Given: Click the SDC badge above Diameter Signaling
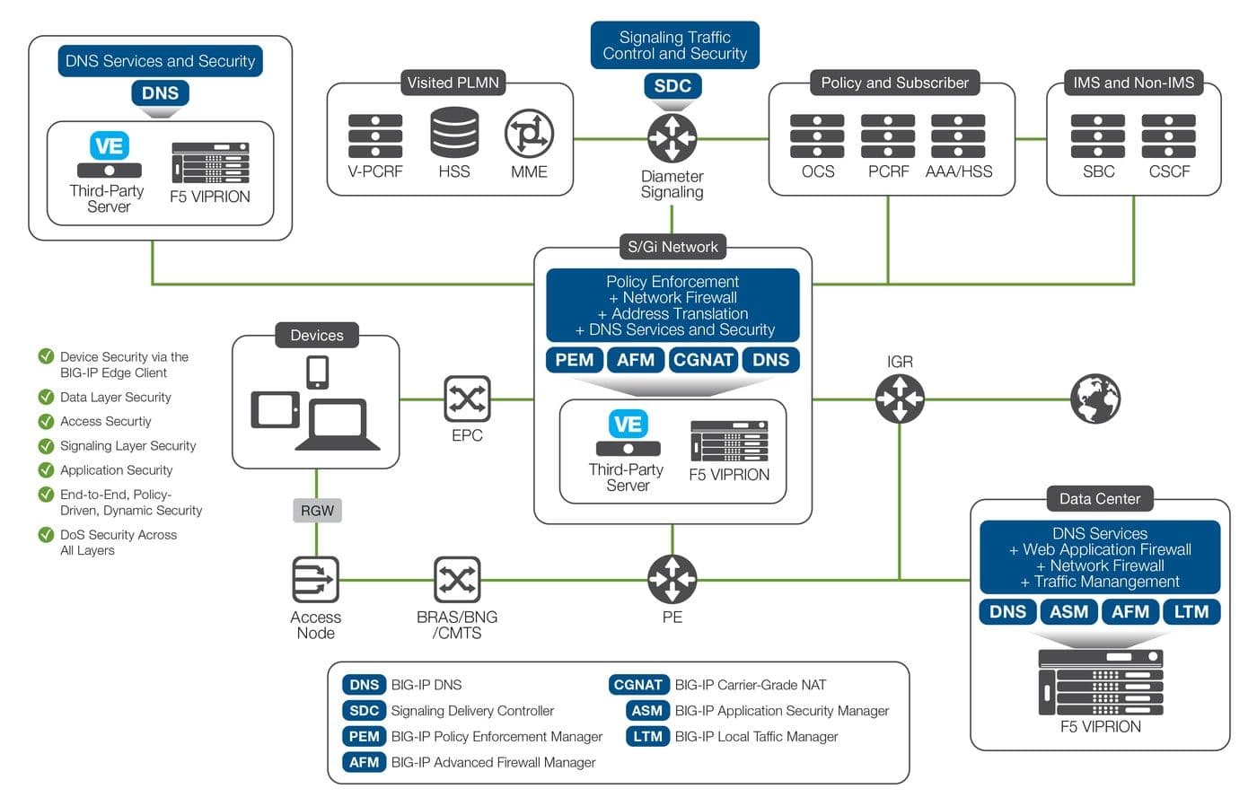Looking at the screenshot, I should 672,86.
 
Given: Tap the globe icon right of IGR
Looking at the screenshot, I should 1095,399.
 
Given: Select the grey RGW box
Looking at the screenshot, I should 317,511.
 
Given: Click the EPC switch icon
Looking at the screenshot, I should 467,399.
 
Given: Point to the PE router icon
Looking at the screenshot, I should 672,579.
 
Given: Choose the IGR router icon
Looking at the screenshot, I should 900,399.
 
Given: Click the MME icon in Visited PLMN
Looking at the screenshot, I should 529,134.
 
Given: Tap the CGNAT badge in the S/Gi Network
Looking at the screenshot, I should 703,360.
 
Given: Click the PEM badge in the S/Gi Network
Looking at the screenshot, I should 574,360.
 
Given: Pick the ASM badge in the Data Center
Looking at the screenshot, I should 1068,612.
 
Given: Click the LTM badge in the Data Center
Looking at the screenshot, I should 1191,612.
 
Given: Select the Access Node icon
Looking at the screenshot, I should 316,580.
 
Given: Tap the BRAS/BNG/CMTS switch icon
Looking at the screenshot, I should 457,580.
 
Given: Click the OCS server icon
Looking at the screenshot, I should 817,136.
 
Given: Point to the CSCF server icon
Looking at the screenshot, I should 1168,136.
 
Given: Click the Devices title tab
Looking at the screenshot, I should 317,336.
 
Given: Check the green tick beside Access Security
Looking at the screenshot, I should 46,421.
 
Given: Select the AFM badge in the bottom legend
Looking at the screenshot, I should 364,762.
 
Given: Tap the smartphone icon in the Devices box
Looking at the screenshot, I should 317,372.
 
